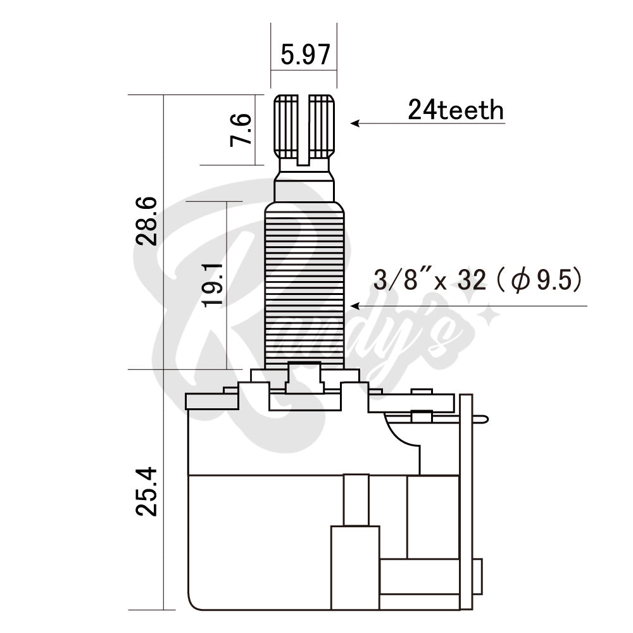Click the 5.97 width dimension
[x=306, y=56]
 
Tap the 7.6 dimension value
[x=242, y=130]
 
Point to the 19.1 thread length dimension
[x=214, y=285]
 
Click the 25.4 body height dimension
[x=147, y=492]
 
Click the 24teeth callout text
[x=456, y=111]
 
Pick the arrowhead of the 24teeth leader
[x=355, y=123]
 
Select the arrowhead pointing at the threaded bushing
[x=355, y=306]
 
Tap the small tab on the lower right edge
[x=478, y=576]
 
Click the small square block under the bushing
[x=304, y=376]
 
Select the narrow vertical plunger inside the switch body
[x=356, y=500]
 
